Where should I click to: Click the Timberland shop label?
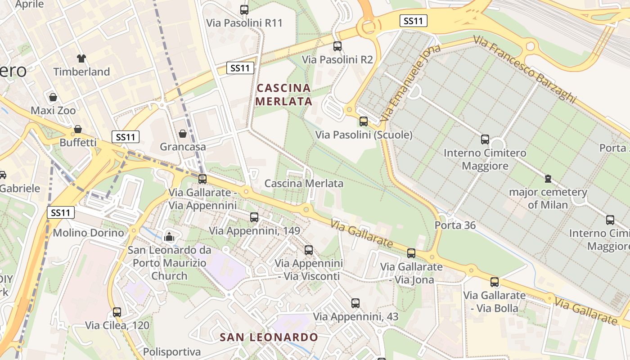[x=81, y=72]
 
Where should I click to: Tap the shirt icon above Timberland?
[x=81, y=58]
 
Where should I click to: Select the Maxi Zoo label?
[x=53, y=110]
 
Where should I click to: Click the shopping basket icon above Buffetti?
[x=78, y=130]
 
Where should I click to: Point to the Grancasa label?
[x=183, y=147]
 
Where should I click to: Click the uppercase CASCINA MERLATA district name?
[x=284, y=94]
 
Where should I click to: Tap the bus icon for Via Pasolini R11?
[x=244, y=9]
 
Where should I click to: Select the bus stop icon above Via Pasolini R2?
[x=337, y=46]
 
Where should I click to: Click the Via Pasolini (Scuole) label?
[x=364, y=135]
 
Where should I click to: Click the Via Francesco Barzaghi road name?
[x=525, y=69]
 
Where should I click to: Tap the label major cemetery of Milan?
[x=548, y=198]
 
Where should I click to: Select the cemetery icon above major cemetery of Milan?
[x=548, y=179]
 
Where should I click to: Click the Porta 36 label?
[x=455, y=225]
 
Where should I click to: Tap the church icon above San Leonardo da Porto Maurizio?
[x=169, y=236]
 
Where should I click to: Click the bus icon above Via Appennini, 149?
[x=254, y=217]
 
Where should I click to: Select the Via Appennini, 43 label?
[x=355, y=317]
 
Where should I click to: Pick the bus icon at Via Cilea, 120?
[x=117, y=312]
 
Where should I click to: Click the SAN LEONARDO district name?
[x=269, y=337]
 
